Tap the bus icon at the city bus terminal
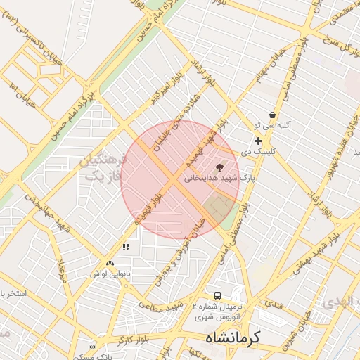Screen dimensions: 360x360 click(217, 296)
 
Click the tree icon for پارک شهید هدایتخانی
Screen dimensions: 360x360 click(220, 167)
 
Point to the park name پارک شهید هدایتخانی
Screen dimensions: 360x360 click(218, 179)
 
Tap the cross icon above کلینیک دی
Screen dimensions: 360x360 click(258, 141)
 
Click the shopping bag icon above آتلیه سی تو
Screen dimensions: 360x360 click(271, 115)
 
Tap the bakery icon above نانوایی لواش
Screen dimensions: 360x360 click(110, 262)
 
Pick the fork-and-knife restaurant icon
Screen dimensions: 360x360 click(126, 247)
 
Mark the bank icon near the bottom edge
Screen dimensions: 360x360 click(92, 347)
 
